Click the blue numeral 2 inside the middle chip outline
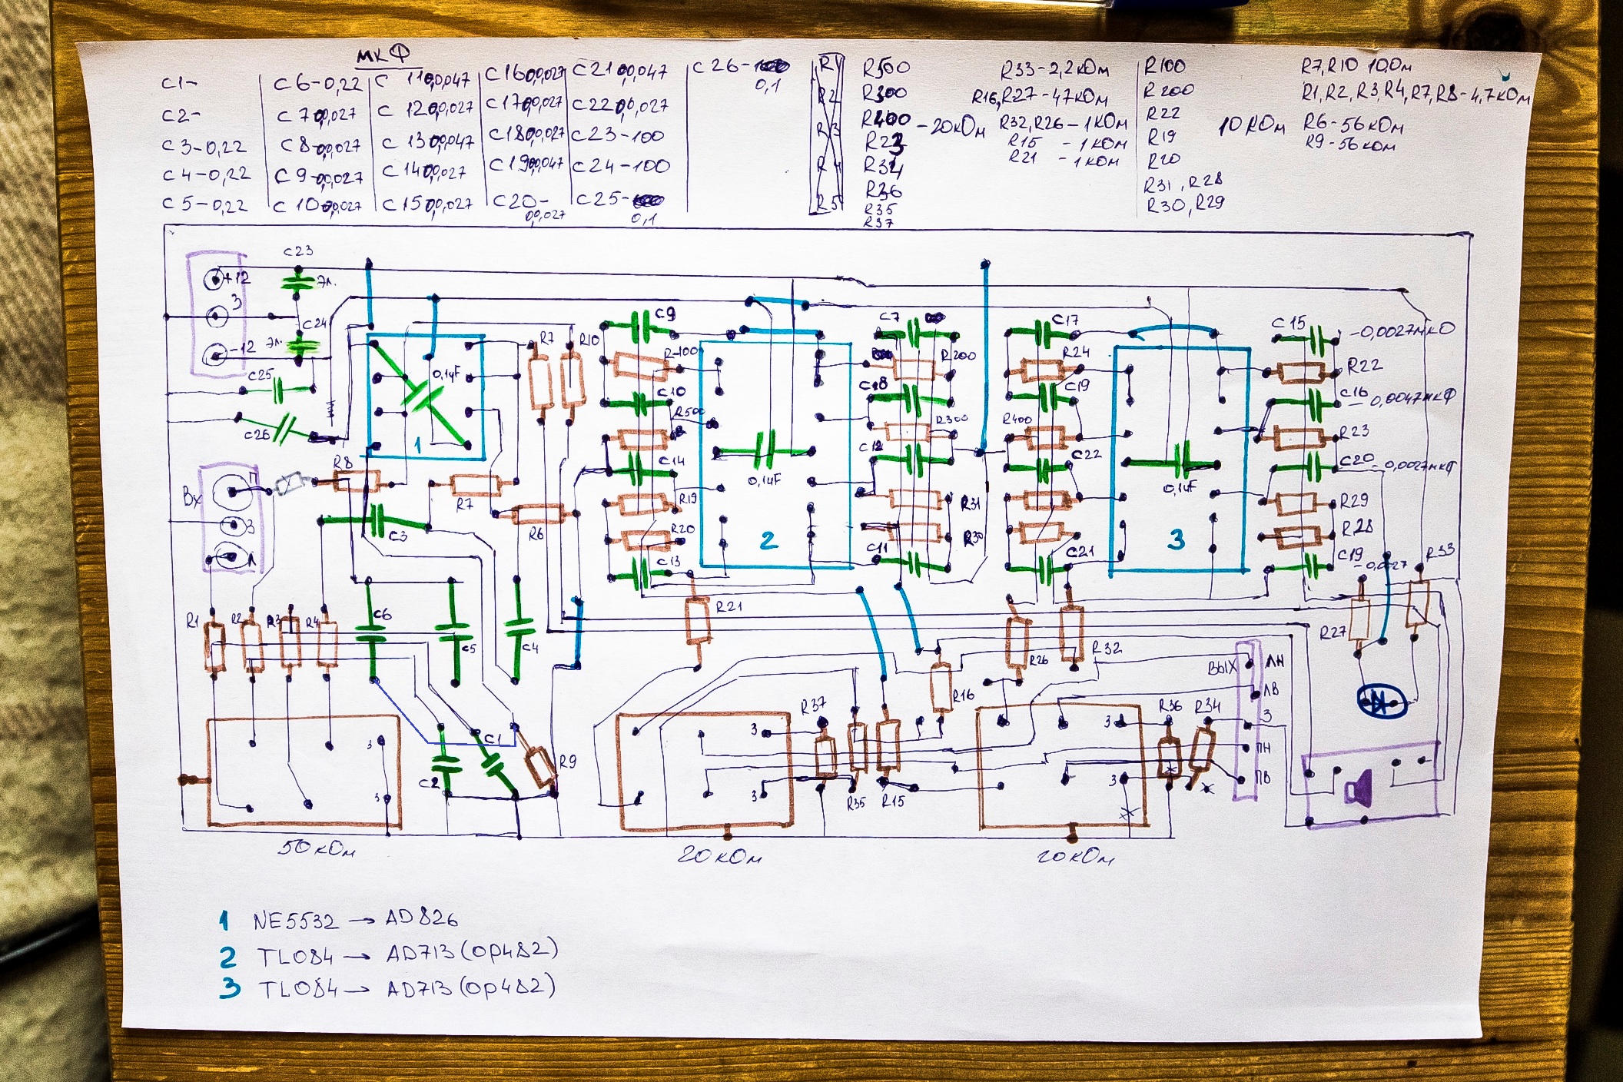pos(768,540)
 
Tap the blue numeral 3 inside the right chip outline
pos(1176,539)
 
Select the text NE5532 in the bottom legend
pos(294,921)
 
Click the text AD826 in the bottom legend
pos(421,918)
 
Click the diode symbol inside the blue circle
pos(1381,702)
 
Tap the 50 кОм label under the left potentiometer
pos(317,849)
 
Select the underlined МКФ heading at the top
pos(382,55)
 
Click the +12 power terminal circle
pos(214,280)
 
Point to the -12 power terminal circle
pos(214,354)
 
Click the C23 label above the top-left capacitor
pos(298,251)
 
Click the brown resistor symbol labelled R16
pos(941,689)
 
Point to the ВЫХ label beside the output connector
pos(1221,667)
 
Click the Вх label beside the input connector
pos(191,497)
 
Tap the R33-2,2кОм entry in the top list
pos(1054,71)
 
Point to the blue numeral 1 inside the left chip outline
pos(418,445)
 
